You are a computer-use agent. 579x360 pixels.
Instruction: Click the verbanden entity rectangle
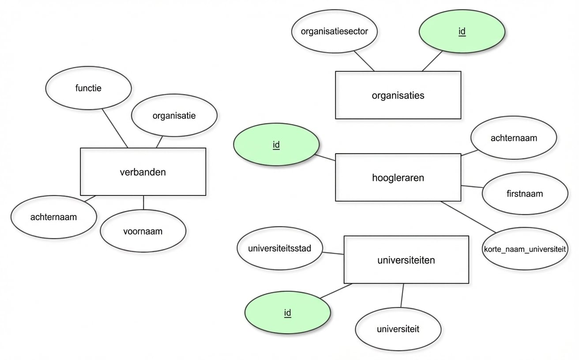143,172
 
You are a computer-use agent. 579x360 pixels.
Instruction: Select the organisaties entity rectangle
398,95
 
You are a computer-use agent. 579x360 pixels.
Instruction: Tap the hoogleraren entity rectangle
398,177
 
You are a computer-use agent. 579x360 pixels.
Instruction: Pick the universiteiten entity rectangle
406,259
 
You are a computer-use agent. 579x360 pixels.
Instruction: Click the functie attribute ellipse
88,88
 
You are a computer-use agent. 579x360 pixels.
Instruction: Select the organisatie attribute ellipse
174,116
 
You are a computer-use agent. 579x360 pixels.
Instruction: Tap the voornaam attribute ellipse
143,231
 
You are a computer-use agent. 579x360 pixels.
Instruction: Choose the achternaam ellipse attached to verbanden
53,217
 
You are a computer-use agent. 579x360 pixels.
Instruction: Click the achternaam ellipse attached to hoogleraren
514,138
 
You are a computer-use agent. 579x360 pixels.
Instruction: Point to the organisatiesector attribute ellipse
334,31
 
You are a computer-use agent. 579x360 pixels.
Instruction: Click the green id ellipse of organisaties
462,31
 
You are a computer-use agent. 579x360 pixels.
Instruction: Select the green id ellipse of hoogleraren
276,144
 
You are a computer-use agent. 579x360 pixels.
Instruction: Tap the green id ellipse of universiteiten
287,313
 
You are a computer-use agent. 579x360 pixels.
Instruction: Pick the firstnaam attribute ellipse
525,193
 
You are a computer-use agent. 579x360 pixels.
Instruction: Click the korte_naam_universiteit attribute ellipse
524,249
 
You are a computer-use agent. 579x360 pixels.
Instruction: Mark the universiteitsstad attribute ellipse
280,248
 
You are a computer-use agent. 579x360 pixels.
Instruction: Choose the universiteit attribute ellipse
398,328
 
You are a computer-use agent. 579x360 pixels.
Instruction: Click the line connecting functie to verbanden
115,128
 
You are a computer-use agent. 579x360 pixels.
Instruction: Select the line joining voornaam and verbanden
143,202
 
